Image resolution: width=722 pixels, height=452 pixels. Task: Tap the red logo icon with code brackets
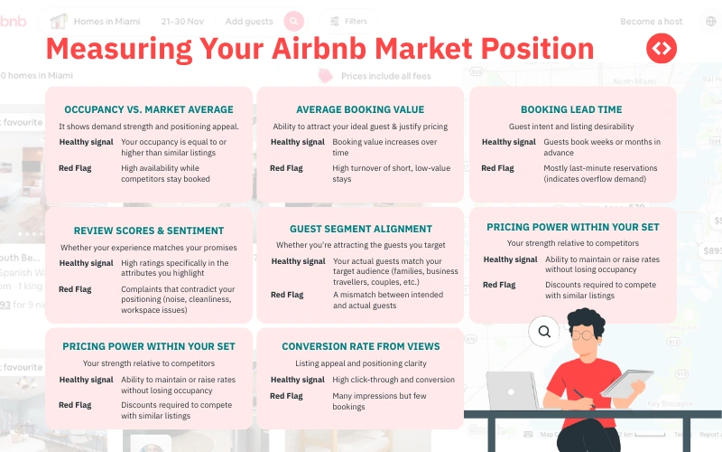point(662,49)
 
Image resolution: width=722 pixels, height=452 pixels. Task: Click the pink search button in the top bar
point(293,21)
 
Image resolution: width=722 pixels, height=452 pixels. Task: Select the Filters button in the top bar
point(348,21)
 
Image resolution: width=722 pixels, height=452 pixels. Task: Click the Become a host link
point(651,21)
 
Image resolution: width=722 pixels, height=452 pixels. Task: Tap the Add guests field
point(248,21)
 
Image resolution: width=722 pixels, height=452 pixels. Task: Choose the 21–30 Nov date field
point(183,21)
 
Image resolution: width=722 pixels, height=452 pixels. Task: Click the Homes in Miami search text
point(106,21)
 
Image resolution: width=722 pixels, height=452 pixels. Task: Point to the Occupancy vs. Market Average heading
point(149,109)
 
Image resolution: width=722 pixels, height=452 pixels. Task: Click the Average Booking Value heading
point(360,109)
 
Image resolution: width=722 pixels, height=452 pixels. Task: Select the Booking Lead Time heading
point(571,109)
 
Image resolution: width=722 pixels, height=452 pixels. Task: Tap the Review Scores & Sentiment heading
point(149,231)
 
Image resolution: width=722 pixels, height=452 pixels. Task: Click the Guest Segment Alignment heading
point(360,229)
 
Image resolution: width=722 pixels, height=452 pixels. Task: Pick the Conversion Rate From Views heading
point(360,346)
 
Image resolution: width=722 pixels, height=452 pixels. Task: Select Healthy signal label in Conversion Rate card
point(297,380)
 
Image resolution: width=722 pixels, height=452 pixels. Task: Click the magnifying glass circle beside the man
point(544,332)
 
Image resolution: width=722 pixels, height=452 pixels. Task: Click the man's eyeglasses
point(586,334)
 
